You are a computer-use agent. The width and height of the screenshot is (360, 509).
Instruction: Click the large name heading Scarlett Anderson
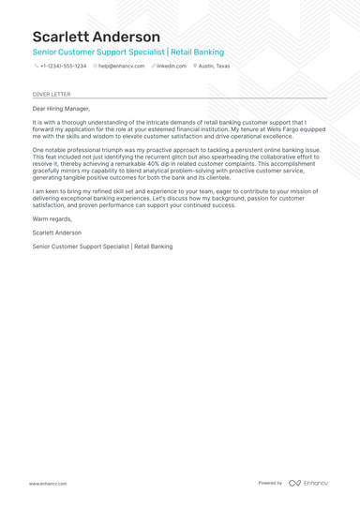(x=96, y=37)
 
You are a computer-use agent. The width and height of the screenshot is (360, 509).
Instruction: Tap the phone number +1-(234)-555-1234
(x=63, y=67)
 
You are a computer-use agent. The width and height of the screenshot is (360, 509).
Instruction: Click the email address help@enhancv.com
(x=121, y=67)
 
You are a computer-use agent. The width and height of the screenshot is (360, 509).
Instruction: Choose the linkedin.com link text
(x=172, y=67)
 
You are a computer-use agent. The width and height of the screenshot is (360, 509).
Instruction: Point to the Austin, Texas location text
(x=214, y=67)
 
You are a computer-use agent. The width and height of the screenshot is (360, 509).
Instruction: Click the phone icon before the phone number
(x=36, y=67)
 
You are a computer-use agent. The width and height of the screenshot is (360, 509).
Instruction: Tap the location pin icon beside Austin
(x=195, y=67)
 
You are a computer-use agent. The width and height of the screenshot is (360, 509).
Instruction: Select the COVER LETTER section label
(x=51, y=95)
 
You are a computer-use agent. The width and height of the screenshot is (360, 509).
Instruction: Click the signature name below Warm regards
(x=56, y=232)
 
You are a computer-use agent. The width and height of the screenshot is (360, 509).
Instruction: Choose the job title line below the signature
(x=102, y=247)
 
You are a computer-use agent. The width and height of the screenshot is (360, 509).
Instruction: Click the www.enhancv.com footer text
(x=47, y=484)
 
